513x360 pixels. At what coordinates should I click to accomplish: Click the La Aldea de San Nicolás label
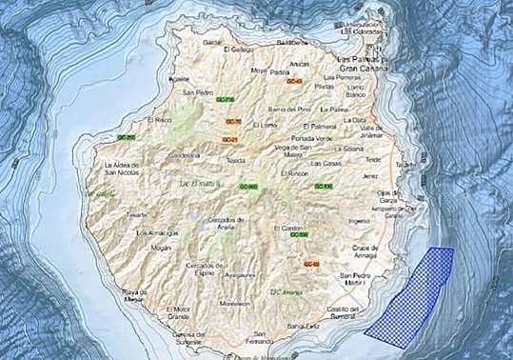(x=123, y=169)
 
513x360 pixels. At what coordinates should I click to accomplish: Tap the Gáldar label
(x=211, y=43)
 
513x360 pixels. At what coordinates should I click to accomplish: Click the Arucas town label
(x=301, y=64)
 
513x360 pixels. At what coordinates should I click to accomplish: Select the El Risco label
(x=158, y=121)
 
